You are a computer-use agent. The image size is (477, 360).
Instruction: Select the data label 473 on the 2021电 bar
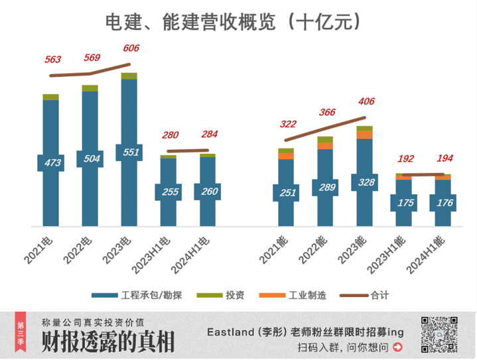click(50, 162)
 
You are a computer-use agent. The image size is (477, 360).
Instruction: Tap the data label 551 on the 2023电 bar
click(129, 152)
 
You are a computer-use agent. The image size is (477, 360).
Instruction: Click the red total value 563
click(53, 60)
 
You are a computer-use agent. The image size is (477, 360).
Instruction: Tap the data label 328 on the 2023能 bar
click(364, 182)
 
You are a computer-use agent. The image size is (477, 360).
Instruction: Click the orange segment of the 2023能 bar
click(364, 135)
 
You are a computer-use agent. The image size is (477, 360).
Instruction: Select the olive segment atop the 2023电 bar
click(129, 76)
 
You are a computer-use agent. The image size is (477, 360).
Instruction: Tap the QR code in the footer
click(439, 336)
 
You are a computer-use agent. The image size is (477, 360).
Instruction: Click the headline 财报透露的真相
click(108, 342)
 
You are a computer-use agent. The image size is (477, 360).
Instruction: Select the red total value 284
click(209, 135)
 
